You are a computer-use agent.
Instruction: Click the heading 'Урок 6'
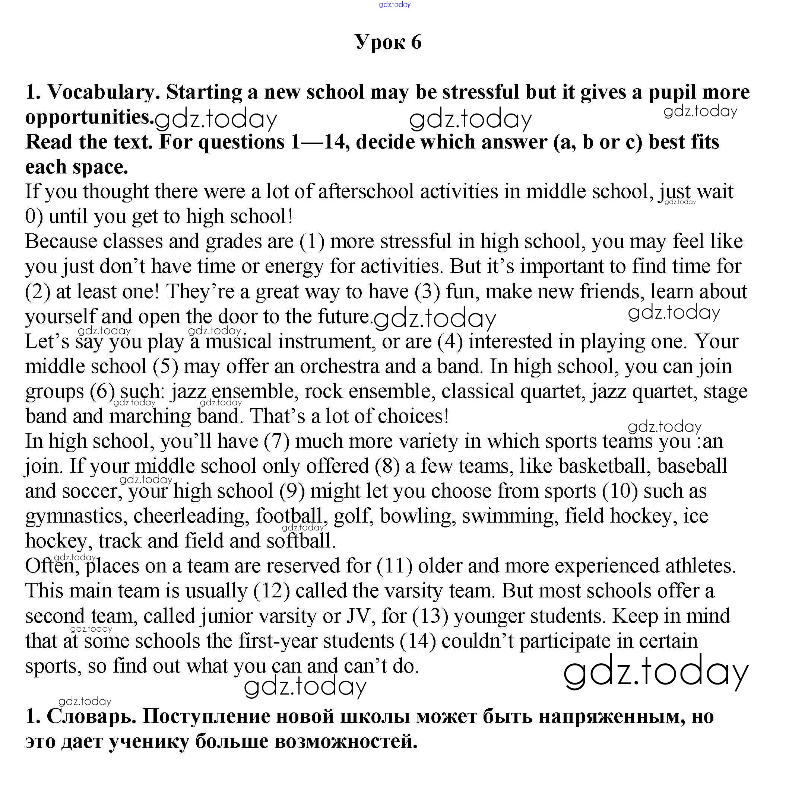pyautogui.click(x=388, y=42)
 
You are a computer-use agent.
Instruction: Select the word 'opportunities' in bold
pyautogui.click(x=89, y=118)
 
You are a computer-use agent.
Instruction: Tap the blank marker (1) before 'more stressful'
pyautogui.click(x=312, y=242)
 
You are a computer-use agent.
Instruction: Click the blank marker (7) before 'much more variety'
pyautogui.click(x=276, y=441)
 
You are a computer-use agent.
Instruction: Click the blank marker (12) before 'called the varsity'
pyautogui.click(x=272, y=591)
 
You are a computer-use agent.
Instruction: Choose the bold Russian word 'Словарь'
pyautogui.click(x=92, y=717)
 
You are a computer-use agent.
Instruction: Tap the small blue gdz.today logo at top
pyautogui.click(x=394, y=4)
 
